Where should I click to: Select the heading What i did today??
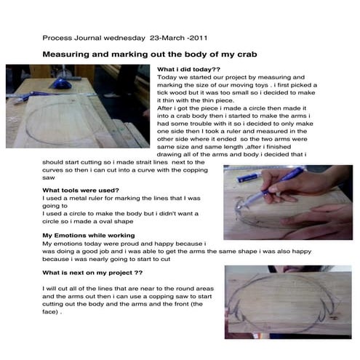(188, 69)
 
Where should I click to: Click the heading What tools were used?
(81, 191)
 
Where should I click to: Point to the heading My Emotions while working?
(89, 236)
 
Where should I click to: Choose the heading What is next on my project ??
(92, 273)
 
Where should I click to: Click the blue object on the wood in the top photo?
(63, 84)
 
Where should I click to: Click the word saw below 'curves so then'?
(49, 178)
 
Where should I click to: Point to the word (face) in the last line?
(50, 312)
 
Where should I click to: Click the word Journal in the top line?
(87, 38)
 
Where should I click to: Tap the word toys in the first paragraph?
(261, 85)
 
